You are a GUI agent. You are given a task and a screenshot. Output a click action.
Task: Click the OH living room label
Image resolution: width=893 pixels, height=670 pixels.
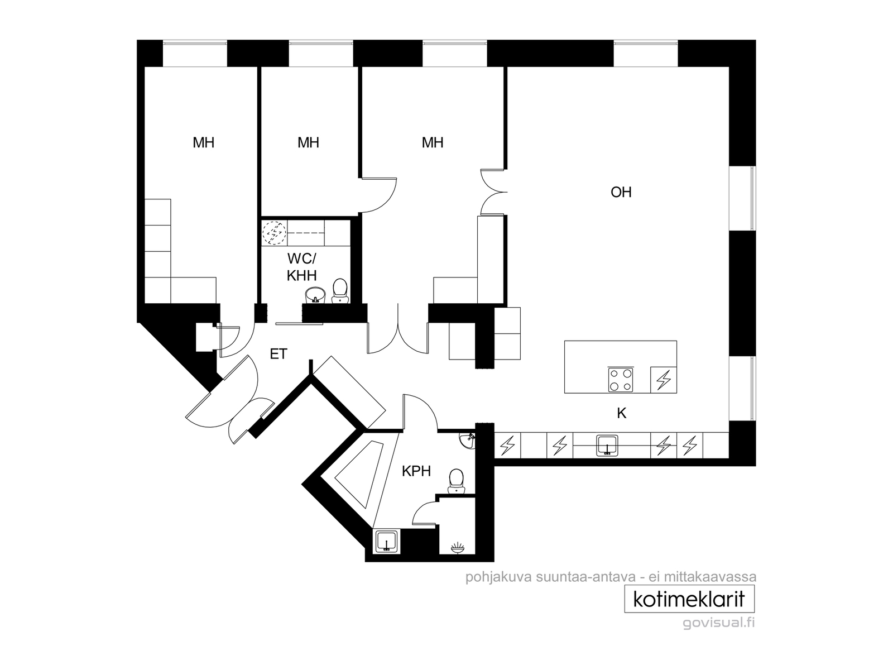click(621, 192)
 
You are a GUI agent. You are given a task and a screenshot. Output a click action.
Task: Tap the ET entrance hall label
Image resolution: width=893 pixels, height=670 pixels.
click(279, 354)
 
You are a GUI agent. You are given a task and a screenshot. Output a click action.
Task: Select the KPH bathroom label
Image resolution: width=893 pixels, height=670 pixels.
click(416, 471)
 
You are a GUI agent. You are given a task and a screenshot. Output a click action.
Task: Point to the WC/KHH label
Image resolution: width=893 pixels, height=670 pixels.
click(301, 267)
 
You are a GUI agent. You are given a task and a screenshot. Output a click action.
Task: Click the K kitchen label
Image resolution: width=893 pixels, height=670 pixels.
click(621, 413)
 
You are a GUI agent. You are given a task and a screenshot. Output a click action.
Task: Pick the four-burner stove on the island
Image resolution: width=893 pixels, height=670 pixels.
click(621, 379)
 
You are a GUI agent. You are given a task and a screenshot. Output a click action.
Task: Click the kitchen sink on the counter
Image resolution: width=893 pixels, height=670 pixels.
click(607, 445)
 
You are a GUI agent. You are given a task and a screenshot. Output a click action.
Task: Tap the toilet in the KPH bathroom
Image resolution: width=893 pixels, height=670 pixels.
click(456, 481)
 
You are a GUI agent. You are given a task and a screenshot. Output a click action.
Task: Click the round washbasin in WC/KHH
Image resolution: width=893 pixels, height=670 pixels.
click(315, 295)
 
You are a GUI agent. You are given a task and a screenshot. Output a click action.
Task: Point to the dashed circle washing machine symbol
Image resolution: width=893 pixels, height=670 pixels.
click(274, 233)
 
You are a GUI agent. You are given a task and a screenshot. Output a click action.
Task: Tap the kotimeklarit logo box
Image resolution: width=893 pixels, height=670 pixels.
click(689, 599)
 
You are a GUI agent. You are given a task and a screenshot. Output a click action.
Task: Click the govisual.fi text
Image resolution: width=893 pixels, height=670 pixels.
click(718, 623)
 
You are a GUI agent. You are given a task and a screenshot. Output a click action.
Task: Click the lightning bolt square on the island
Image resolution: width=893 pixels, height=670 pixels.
click(664, 380)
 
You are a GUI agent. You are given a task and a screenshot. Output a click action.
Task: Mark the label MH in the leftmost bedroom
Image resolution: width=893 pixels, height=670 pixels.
click(203, 142)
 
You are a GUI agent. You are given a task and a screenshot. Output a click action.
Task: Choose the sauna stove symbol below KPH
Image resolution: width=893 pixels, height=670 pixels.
click(458, 548)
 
